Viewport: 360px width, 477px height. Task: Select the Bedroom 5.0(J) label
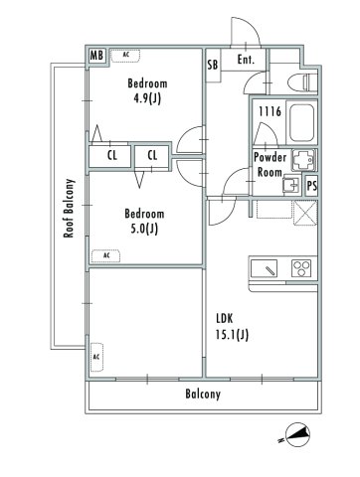[x=143, y=222]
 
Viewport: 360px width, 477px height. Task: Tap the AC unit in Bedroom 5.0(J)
[x=106, y=255]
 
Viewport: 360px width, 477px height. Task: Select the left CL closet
[x=111, y=155]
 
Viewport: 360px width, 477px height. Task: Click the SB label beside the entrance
[x=213, y=66]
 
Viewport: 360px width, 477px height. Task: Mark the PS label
[x=312, y=185]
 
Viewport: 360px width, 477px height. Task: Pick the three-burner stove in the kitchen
[x=301, y=267]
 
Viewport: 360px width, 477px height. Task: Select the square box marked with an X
[x=304, y=211]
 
